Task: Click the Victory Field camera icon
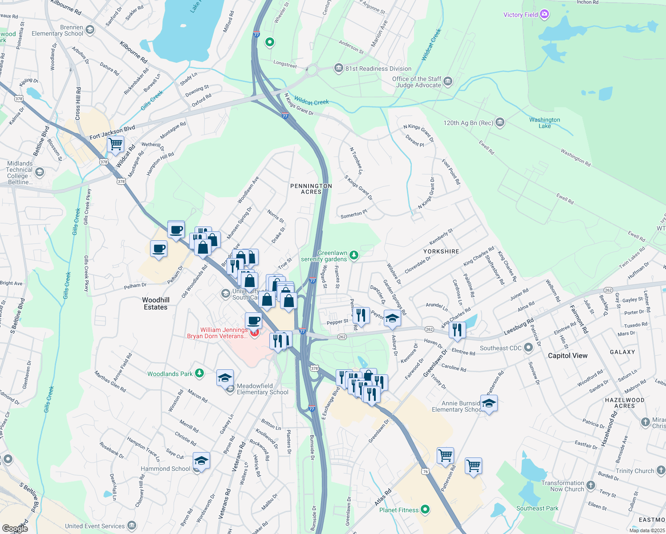point(544,15)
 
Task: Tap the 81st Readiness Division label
point(378,69)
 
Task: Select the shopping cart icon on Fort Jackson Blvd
point(116,144)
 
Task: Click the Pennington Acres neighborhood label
point(311,189)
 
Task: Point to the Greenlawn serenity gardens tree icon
point(353,255)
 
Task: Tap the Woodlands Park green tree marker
point(199,373)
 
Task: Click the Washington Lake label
point(544,123)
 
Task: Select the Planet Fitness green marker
point(425,509)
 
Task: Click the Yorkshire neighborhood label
point(441,251)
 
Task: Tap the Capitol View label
point(568,356)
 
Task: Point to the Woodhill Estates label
point(155,303)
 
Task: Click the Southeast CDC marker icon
point(528,348)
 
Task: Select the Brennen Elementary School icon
point(90,30)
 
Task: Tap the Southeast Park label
point(537,508)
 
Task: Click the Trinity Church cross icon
point(661,470)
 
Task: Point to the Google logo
point(15,528)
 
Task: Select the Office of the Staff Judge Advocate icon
point(448,81)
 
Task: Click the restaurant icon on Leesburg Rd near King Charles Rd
point(457,330)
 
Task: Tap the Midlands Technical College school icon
point(40,172)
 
